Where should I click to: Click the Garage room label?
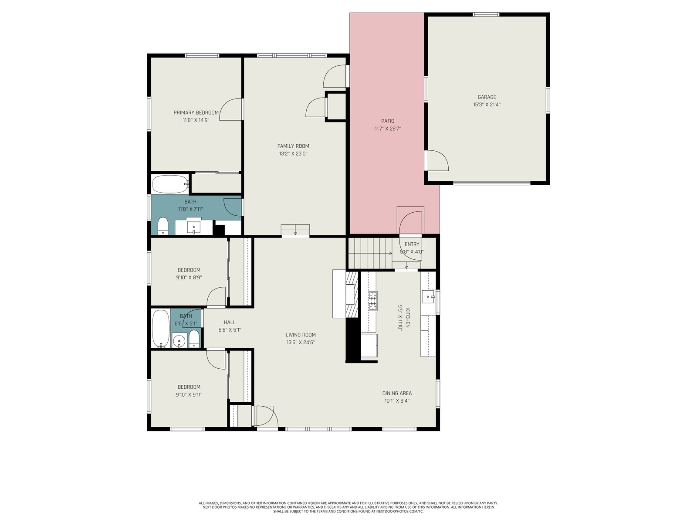pyautogui.click(x=487, y=97)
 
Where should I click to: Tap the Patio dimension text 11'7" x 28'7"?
pyautogui.click(x=387, y=129)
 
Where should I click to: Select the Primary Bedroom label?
pyautogui.click(x=196, y=112)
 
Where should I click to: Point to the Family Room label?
pyautogui.click(x=293, y=146)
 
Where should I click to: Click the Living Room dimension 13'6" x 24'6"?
pyautogui.click(x=301, y=342)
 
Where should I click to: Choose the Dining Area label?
pyautogui.click(x=397, y=393)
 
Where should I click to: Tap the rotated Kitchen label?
pyautogui.click(x=408, y=318)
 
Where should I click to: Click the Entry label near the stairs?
pyautogui.click(x=412, y=244)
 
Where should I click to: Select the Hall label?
pyautogui.click(x=230, y=323)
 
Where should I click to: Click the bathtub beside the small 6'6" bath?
pyautogui.click(x=161, y=329)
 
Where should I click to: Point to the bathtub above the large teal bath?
pyautogui.click(x=170, y=184)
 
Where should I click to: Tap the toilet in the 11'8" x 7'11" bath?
pyautogui.click(x=163, y=226)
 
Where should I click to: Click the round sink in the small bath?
pyautogui.click(x=179, y=341)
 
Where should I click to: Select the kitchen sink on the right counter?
pyautogui.click(x=429, y=297)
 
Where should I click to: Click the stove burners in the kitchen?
pyautogui.click(x=373, y=300)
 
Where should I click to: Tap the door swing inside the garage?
pyautogui.click(x=438, y=160)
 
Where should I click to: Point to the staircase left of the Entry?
pyautogui.click(x=370, y=253)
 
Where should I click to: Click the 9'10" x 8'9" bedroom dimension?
pyautogui.click(x=189, y=278)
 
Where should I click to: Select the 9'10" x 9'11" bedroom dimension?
pyautogui.click(x=189, y=395)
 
